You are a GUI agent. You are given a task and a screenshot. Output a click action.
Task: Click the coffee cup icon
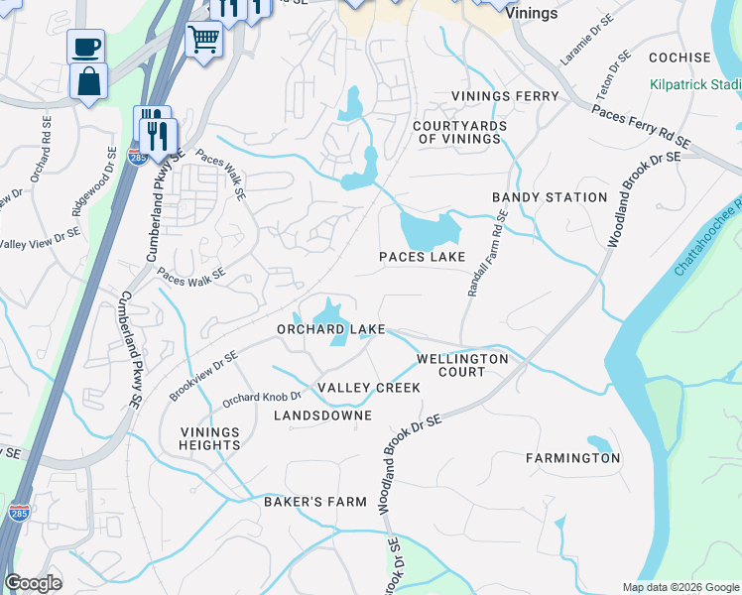tap(85, 47)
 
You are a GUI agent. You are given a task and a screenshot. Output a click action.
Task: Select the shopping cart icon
tap(203, 40)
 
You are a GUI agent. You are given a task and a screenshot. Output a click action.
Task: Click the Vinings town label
tap(531, 15)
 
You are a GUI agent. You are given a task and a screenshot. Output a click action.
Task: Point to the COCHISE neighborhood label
tap(680, 59)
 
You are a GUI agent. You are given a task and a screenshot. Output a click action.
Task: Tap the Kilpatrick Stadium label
tap(695, 85)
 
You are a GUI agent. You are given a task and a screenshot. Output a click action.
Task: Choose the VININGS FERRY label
tap(505, 96)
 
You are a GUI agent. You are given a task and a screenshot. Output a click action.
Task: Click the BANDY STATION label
tap(550, 197)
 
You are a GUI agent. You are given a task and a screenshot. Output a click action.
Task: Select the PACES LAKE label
tap(423, 258)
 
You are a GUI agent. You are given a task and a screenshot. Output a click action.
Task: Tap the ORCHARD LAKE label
tap(330, 329)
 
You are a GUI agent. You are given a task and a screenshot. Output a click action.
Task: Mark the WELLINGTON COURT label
tap(462, 365)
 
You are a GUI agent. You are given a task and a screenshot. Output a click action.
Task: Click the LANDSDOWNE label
tap(322, 416)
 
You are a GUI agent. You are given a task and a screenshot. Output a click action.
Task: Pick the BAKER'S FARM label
tap(315, 502)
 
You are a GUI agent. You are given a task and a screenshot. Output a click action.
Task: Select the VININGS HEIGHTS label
tap(210, 438)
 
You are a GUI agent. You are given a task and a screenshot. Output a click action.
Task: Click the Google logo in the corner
tap(33, 583)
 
